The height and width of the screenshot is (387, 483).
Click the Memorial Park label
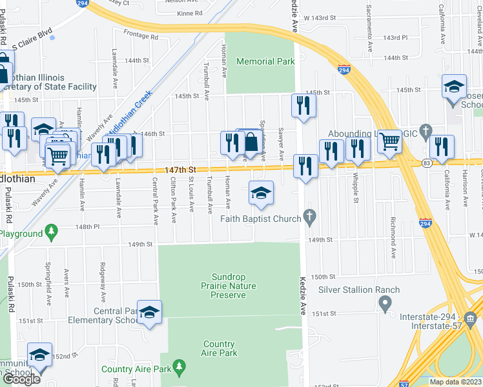click(x=265, y=62)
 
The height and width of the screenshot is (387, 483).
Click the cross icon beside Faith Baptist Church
click(x=310, y=219)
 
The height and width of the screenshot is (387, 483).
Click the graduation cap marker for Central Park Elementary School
click(x=149, y=313)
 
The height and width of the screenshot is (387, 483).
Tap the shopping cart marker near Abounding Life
click(x=389, y=141)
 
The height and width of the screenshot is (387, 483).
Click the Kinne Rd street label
click(x=189, y=13)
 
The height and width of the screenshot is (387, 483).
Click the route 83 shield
click(x=427, y=164)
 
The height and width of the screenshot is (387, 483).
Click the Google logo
click(x=21, y=379)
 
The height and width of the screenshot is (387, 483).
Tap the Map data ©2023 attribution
click(x=455, y=382)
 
